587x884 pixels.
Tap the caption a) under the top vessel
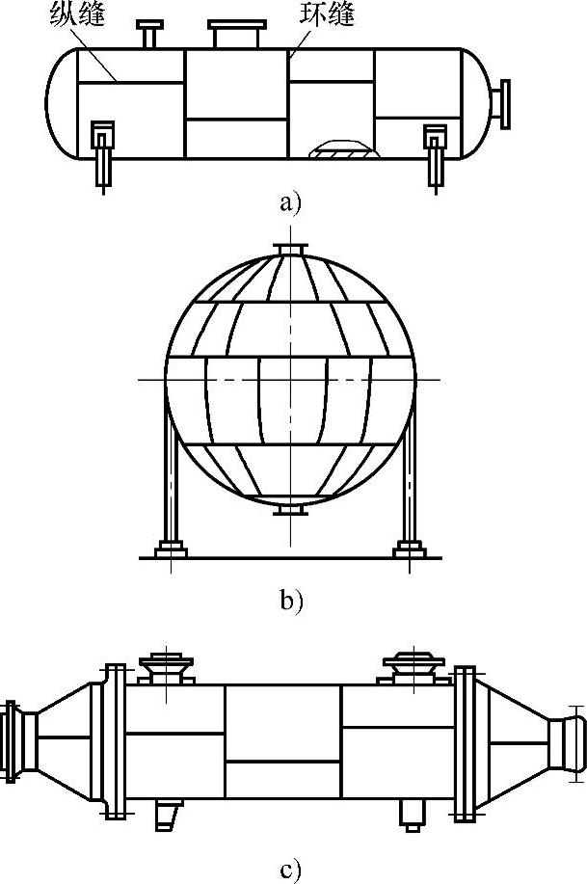coord(290,202)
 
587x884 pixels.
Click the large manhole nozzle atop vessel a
coord(237,35)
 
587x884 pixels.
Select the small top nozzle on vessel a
coord(150,33)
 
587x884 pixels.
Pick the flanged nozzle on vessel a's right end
coord(503,103)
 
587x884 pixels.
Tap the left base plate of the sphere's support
coord(170,550)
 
